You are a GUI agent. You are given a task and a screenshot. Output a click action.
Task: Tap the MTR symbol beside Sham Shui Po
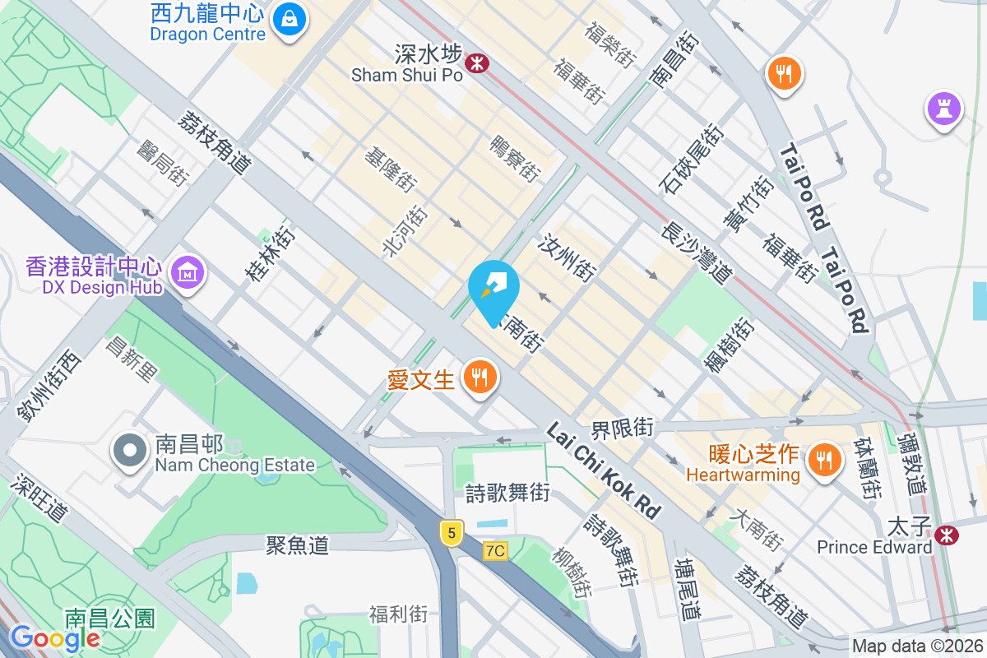[x=475, y=63]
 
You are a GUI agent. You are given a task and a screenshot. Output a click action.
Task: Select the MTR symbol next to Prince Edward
[x=948, y=535]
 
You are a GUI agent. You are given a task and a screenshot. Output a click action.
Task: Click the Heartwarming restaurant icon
[x=823, y=457]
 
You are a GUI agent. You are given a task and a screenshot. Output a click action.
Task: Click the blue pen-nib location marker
[x=493, y=289]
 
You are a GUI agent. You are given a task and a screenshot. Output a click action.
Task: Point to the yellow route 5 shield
[x=450, y=532]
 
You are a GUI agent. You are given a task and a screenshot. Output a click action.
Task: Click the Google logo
[x=55, y=638]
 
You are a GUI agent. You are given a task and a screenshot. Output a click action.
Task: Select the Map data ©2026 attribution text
[x=916, y=646]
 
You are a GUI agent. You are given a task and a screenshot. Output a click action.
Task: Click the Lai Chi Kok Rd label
[x=604, y=471]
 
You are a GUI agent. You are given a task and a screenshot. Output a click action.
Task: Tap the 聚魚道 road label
[x=297, y=544]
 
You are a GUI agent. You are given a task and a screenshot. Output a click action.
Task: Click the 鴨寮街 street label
[x=515, y=160]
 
